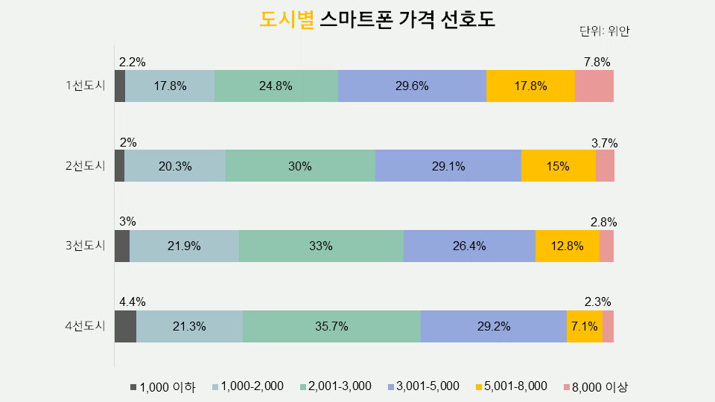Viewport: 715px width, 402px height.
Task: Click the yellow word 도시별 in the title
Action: click(x=287, y=20)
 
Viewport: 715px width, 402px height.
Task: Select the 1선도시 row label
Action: click(x=86, y=86)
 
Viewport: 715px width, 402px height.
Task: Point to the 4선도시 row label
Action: click(x=86, y=326)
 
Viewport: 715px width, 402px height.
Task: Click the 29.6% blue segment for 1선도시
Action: click(x=411, y=86)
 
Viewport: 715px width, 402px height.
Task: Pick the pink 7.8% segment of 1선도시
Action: click(x=594, y=86)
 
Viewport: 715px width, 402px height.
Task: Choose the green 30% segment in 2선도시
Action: click(x=300, y=166)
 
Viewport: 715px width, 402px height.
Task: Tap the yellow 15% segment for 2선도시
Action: click(x=558, y=166)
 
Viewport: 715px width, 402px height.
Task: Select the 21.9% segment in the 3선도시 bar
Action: click(x=184, y=246)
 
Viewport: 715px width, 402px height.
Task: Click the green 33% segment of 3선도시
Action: click(x=321, y=246)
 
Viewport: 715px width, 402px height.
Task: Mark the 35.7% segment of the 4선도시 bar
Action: click(x=331, y=326)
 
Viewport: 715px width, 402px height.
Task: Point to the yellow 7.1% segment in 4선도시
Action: click(x=585, y=326)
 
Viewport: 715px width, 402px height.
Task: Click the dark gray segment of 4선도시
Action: click(x=125, y=326)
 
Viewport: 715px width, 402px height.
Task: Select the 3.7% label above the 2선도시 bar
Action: click(x=604, y=142)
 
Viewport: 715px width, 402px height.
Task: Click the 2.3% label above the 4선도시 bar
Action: click(x=597, y=301)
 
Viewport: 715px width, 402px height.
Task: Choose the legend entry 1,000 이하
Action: click(x=163, y=386)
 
